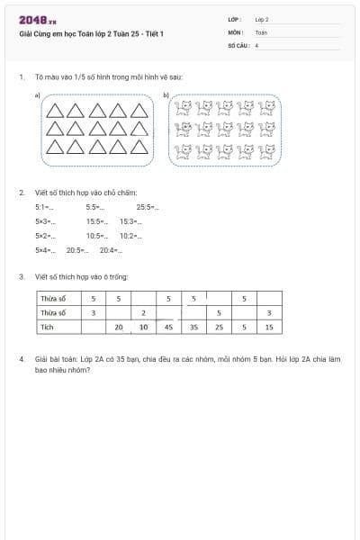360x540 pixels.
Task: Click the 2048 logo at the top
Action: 38,20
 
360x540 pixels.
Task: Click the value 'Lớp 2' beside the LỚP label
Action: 262,19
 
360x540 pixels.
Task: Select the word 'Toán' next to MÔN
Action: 261,31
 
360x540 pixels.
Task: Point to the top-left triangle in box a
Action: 55,111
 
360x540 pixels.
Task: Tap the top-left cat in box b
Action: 184,108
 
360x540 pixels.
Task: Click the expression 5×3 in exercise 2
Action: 44,221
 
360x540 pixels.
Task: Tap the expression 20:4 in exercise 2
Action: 108,250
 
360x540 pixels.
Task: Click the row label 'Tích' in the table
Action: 47,328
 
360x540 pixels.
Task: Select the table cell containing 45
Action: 168,328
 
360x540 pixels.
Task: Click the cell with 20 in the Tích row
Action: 119,328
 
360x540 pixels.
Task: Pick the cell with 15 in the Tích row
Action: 269,328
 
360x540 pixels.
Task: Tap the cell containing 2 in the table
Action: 144,312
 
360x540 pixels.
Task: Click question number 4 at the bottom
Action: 22,359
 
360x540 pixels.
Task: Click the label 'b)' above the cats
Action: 166,94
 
